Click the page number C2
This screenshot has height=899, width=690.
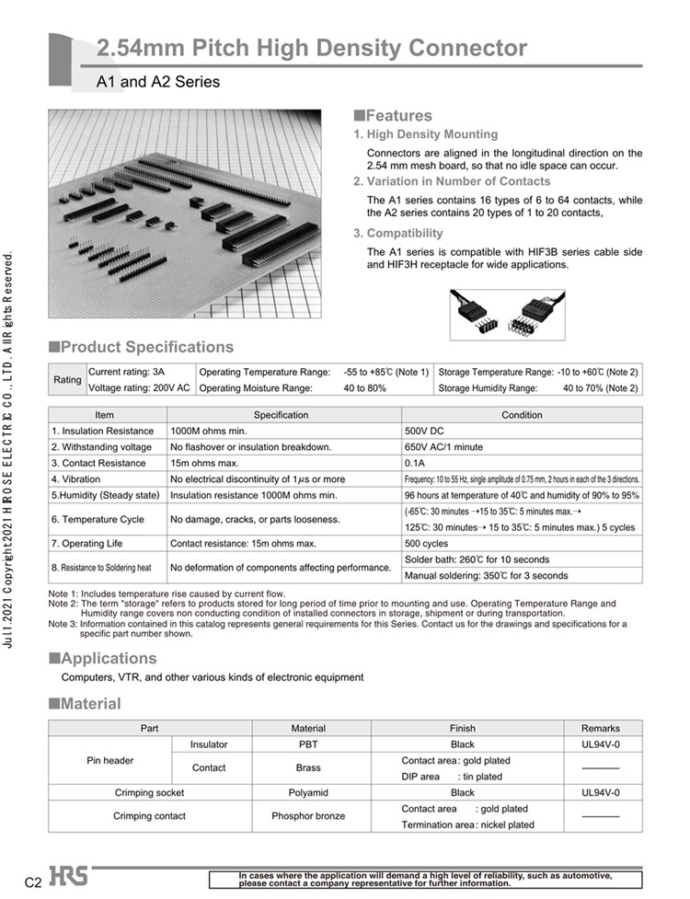tap(33, 882)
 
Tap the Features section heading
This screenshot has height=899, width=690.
tap(393, 116)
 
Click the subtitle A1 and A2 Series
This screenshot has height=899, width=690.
tap(158, 82)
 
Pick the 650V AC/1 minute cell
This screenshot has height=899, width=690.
tap(443, 447)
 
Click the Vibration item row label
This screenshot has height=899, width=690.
tap(76, 479)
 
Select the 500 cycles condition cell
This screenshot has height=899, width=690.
tap(429, 544)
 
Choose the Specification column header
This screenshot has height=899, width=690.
tap(281, 415)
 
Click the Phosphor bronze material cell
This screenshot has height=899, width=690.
tap(308, 816)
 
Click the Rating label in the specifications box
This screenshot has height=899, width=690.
tap(67, 380)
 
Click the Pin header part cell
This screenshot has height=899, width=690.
tap(110, 760)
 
